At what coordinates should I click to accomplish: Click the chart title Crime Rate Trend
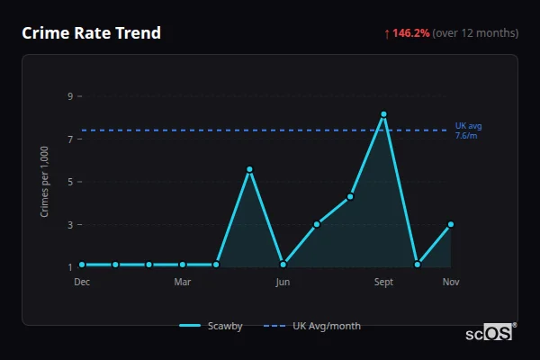(x=91, y=33)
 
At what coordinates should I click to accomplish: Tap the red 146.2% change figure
(x=410, y=33)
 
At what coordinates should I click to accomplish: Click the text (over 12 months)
(x=475, y=33)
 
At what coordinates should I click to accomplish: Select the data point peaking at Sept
(x=383, y=114)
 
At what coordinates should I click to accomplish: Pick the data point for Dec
(x=82, y=265)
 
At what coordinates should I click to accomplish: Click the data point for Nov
(x=451, y=224)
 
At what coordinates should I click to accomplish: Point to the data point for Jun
(x=283, y=265)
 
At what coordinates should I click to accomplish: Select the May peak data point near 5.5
(x=249, y=169)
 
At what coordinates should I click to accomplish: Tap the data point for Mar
(x=183, y=265)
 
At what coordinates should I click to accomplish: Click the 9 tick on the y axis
(x=69, y=95)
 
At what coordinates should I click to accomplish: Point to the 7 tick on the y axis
(x=69, y=139)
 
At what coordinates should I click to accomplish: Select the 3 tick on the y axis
(x=69, y=224)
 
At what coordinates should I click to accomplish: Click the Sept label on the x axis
(x=383, y=283)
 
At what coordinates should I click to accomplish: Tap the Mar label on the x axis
(x=183, y=283)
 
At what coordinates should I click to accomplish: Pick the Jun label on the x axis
(x=283, y=283)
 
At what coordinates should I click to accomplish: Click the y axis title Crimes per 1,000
(x=45, y=183)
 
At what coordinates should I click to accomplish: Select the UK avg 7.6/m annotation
(x=468, y=130)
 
